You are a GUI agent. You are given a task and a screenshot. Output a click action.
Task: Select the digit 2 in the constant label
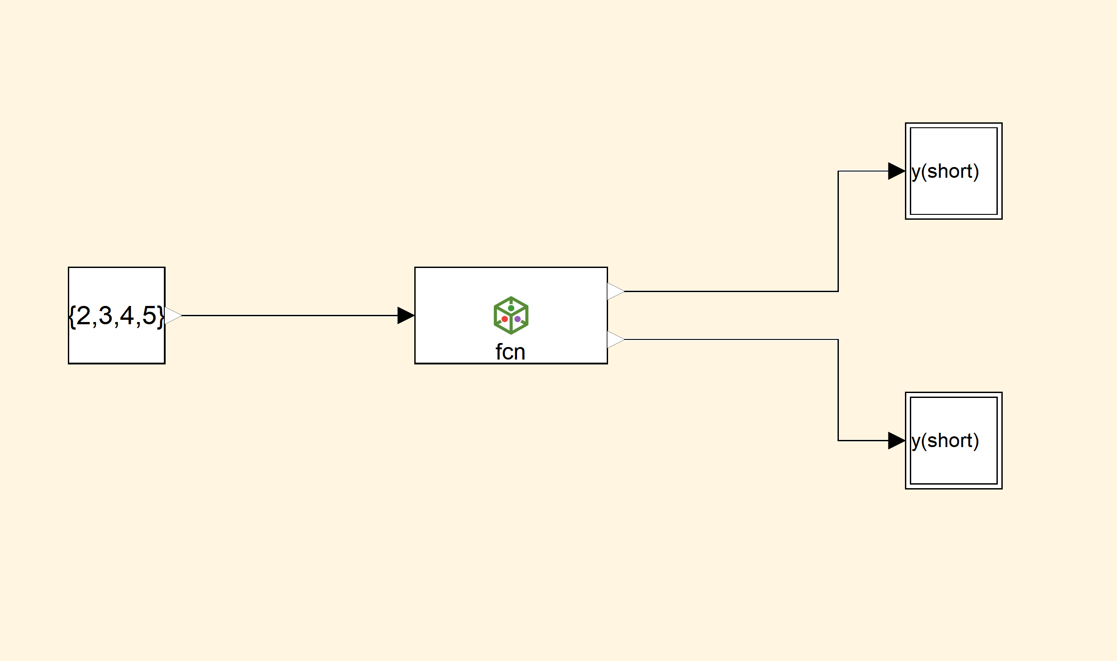(x=83, y=316)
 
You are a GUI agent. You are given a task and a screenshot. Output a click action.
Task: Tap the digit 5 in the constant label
(x=149, y=316)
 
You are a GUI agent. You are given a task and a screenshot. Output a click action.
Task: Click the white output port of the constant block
(x=173, y=315)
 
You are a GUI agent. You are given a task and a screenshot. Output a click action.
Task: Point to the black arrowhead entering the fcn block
(x=405, y=315)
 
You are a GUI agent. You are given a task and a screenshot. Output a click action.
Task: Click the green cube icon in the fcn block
(x=511, y=315)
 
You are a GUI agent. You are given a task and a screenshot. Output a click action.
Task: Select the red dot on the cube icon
(x=504, y=319)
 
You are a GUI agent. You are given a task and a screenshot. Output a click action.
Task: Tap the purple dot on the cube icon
(x=517, y=319)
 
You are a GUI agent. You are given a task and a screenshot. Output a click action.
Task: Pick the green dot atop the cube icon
(x=511, y=308)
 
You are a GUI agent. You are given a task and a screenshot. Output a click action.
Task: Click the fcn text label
(x=510, y=352)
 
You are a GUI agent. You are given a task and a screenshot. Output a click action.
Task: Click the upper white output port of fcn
(x=615, y=291)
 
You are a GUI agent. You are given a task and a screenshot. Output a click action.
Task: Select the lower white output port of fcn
(x=615, y=339)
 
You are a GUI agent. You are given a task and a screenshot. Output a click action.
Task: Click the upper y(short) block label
(x=945, y=172)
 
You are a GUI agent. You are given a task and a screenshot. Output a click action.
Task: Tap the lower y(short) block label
(x=945, y=441)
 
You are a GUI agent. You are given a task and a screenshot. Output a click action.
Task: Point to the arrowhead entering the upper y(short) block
(x=896, y=171)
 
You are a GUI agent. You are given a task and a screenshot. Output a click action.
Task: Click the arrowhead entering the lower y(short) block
(x=896, y=440)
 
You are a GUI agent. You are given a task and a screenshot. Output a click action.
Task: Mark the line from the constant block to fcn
(x=290, y=315)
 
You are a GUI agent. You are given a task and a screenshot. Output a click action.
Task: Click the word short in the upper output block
(x=950, y=172)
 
